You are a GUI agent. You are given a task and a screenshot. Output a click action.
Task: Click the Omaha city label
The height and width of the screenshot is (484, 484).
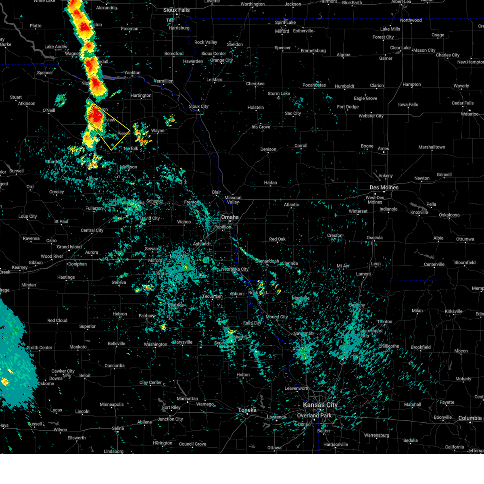pos(229,217)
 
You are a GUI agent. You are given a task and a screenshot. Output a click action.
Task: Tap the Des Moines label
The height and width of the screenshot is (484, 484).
pos(384,188)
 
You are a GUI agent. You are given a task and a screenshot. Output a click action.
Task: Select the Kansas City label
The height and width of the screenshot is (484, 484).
pos(320,405)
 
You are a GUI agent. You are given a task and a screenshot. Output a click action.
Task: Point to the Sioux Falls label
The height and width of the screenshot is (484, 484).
pos(176,10)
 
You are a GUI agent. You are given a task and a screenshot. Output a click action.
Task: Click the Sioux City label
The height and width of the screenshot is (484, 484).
pos(198,106)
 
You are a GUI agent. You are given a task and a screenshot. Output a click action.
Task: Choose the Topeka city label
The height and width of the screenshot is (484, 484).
pos(247,410)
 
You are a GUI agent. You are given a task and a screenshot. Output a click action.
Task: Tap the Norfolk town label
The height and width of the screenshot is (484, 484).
pos(131,149)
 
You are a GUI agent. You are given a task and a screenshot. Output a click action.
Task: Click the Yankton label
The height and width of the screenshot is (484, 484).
pos(132,73)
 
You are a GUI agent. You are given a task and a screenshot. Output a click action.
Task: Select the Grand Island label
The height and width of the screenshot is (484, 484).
pos(69,247)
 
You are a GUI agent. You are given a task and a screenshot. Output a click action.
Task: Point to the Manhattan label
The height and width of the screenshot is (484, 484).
pos(187,398)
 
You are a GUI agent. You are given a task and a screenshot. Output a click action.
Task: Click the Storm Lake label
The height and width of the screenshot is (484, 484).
pos(279,94)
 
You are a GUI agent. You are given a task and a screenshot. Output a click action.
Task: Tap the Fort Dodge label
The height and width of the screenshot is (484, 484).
pos(348,107)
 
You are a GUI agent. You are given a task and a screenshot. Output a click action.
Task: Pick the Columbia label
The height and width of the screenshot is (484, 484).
pos(470,418)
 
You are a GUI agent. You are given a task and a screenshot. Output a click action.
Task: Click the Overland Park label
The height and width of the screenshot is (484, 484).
pos(314,415)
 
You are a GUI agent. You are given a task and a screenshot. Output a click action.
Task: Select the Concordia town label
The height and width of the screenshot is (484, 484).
pos(115,366)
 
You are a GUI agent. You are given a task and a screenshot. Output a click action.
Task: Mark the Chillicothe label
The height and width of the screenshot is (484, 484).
pos(389,346)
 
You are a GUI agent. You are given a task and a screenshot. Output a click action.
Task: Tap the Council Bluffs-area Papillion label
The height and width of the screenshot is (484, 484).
pos(223,227)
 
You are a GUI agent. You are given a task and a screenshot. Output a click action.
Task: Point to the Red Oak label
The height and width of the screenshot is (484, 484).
pos(277,239)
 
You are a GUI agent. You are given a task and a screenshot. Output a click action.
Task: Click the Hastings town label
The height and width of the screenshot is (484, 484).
pos(66,277)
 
